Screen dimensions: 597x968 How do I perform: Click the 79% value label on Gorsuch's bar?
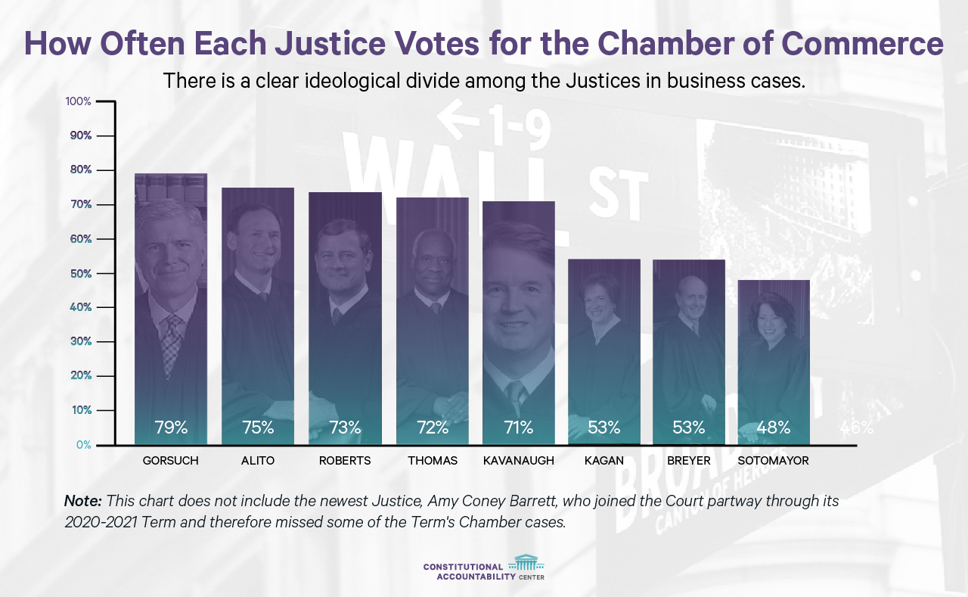[x=171, y=428]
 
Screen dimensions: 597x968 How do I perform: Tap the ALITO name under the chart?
[x=258, y=461]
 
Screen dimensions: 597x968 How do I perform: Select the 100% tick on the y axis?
[x=79, y=101]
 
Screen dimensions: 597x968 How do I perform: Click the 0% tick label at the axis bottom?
[x=83, y=445]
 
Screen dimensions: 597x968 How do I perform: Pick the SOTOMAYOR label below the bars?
[x=774, y=461]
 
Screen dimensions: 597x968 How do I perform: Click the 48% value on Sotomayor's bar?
[x=774, y=428]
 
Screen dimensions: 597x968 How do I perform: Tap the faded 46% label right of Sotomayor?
[x=856, y=428]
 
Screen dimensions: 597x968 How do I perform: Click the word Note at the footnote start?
[x=82, y=501]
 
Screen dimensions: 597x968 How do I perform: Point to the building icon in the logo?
[x=526, y=562]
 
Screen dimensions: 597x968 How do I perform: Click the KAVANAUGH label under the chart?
[x=519, y=461]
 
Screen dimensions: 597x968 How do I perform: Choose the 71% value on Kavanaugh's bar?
[x=519, y=428]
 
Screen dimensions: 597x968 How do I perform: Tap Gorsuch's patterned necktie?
[x=172, y=340]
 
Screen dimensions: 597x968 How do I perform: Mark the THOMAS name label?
[x=433, y=461]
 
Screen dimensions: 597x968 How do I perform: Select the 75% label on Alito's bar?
[x=258, y=428]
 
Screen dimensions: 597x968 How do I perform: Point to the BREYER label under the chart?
[x=689, y=461]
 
